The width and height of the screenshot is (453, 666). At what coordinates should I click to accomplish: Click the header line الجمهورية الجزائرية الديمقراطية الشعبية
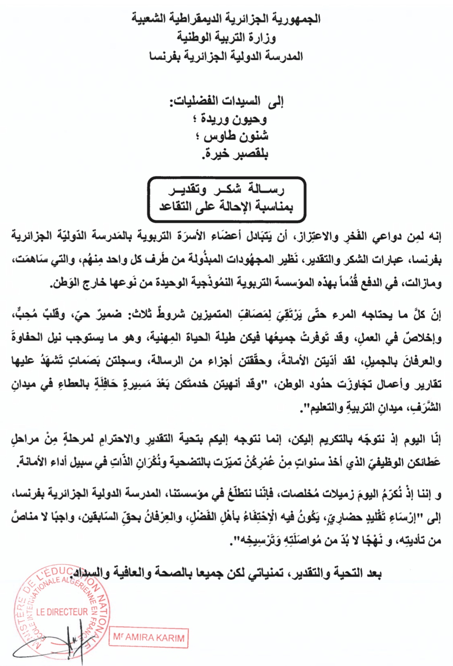pos(226,19)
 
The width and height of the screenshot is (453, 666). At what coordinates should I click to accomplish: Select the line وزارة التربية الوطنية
pos(226,38)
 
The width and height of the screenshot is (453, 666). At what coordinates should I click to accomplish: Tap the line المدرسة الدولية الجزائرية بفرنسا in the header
pos(226,57)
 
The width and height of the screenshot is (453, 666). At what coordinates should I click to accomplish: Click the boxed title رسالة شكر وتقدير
pos(226,190)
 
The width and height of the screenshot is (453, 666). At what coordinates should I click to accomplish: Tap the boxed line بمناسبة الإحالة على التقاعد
pos(226,207)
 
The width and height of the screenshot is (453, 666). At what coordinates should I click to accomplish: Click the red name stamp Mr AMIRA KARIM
pos(149,637)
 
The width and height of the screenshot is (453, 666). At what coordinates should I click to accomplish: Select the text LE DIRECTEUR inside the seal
pos(62,612)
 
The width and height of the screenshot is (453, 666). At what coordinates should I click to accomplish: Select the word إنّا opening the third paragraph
pos(435,440)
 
